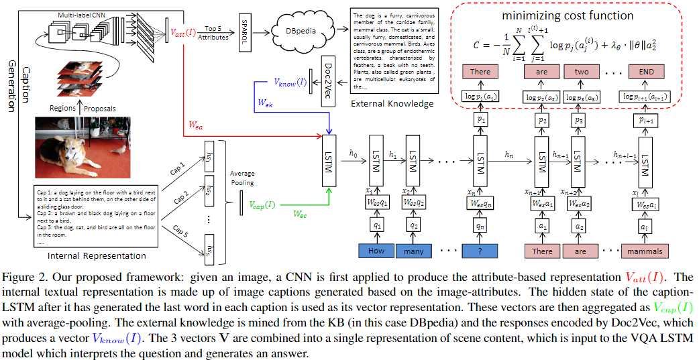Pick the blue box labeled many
point(414,251)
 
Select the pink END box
point(648,71)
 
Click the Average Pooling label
point(242,178)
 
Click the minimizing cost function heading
point(571,15)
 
